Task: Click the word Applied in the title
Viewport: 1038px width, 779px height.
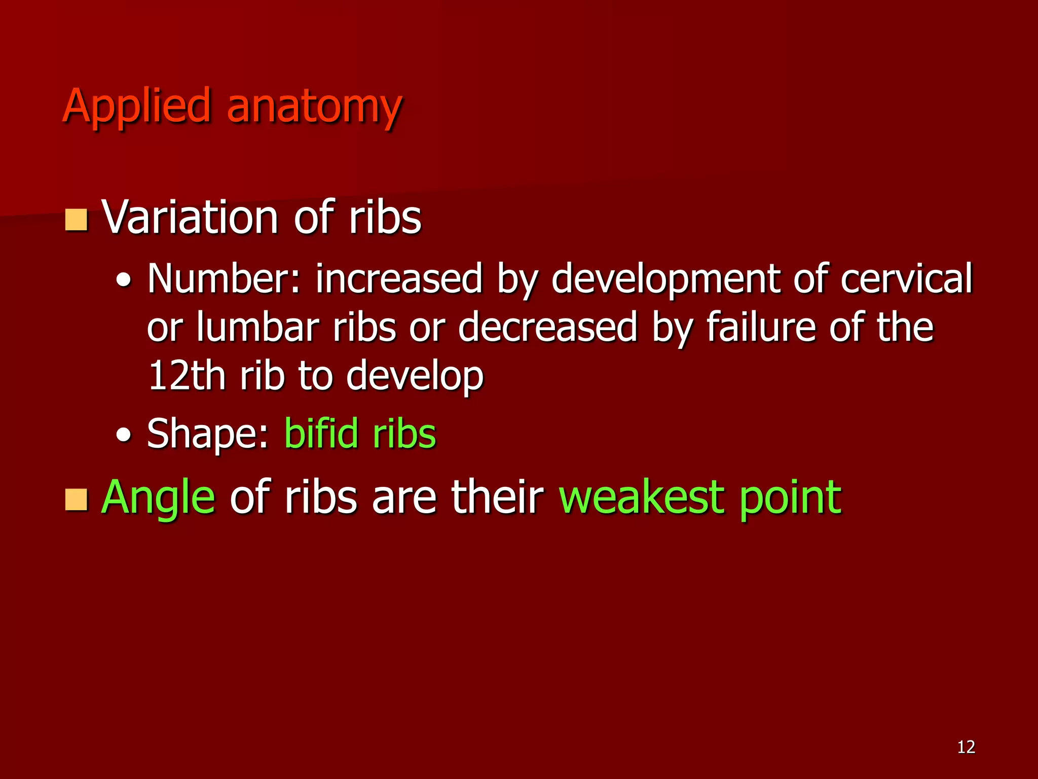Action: click(136, 107)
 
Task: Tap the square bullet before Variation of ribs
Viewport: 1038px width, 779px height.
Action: click(77, 220)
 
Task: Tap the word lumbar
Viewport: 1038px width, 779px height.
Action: click(258, 327)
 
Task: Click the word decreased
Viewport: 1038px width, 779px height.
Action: click(548, 327)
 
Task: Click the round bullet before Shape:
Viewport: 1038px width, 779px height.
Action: click(123, 435)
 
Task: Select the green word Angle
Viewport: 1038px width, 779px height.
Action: click(158, 499)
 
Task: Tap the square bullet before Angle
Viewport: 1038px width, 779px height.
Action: click(77, 500)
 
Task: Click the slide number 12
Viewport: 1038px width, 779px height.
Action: click(966, 747)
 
